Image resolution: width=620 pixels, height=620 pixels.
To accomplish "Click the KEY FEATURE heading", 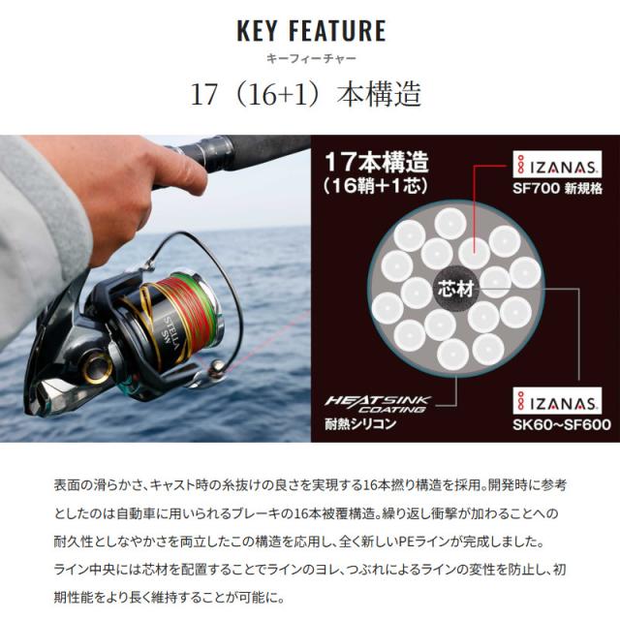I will click(x=310, y=30).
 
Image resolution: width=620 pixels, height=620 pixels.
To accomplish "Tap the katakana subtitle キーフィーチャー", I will click(x=310, y=58).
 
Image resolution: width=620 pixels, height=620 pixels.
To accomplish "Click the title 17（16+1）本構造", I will click(x=309, y=99).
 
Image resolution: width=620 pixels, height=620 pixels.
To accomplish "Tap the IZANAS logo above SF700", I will click(x=551, y=165).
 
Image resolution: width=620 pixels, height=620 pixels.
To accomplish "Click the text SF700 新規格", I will click(x=551, y=189).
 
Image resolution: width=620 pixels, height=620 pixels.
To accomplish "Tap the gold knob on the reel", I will click(x=95, y=366).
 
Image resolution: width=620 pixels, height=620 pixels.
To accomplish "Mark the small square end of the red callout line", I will click(x=474, y=246).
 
